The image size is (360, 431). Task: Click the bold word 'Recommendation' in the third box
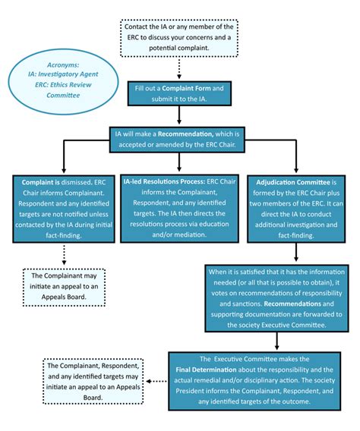point(190,134)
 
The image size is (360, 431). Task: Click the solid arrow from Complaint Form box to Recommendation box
point(179,115)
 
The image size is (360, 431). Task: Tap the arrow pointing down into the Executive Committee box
point(276,340)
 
